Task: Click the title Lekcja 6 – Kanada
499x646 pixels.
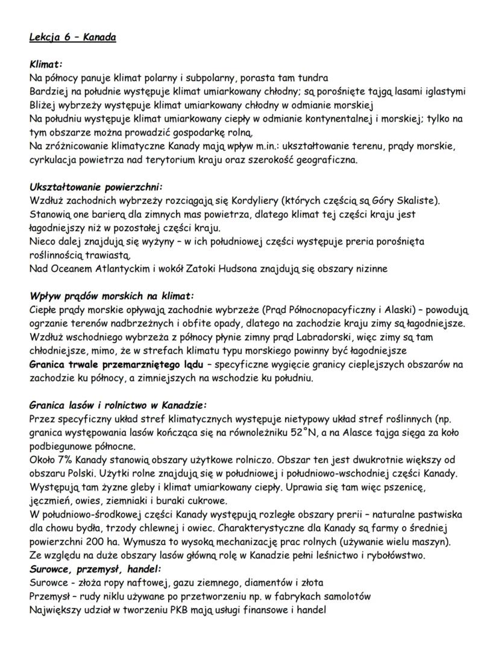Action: tap(72, 37)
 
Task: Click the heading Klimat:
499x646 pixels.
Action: tap(46, 64)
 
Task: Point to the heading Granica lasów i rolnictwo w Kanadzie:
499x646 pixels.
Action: tap(118, 405)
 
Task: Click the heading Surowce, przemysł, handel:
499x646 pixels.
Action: tap(96, 569)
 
